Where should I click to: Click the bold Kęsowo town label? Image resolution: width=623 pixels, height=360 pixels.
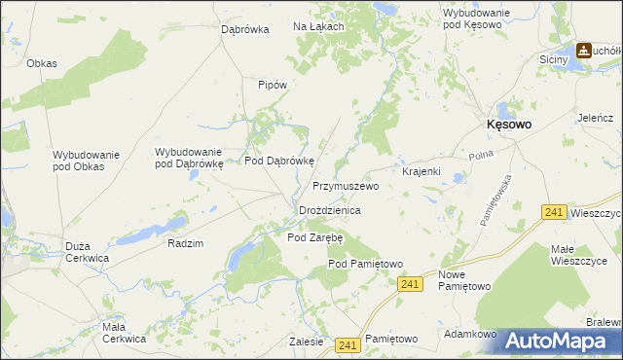tap(508, 125)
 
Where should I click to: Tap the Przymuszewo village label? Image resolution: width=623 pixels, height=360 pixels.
tap(345, 185)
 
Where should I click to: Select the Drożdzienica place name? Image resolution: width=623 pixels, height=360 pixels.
tap(330, 210)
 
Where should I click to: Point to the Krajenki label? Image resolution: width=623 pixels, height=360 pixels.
tap(421, 171)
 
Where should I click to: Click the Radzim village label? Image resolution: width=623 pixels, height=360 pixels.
tap(185, 243)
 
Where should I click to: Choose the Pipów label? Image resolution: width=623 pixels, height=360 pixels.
tap(273, 85)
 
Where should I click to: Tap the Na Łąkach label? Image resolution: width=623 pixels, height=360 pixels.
tap(318, 26)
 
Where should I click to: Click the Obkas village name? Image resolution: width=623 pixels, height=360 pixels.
tap(42, 63)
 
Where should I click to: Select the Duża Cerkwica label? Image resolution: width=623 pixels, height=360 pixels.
tap(87, 253)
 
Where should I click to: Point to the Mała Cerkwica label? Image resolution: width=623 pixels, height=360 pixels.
tap(124, 333)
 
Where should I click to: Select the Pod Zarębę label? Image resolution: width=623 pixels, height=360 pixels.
tap(315, 236)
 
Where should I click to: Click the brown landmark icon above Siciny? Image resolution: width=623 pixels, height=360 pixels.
tap(584, 50)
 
